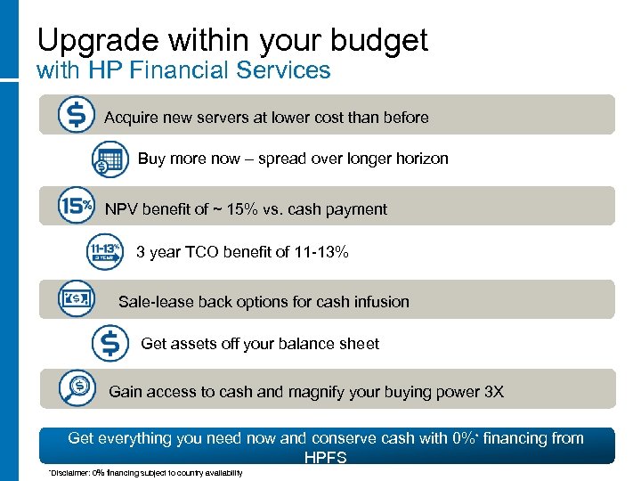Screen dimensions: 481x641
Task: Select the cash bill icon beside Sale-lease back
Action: click(x=74, y=298)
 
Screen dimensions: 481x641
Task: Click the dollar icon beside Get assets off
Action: click(x=110, y=343)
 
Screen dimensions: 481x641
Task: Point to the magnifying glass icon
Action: click(x=77, y=388)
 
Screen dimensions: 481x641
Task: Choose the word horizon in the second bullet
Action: click(x=420, y=159)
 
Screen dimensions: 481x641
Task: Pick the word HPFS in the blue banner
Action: click(x=325, y=457)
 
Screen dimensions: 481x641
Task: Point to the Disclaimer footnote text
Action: click(x=145, y=472)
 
